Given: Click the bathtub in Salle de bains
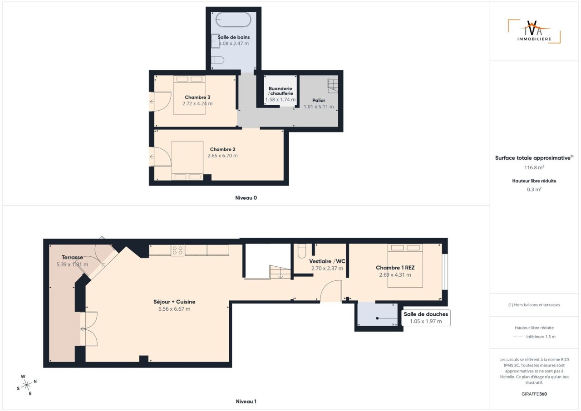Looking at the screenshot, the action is tap(233, 20).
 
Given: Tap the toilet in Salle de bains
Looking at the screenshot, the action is tap(217, 60).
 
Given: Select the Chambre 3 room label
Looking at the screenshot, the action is tap(197, 97).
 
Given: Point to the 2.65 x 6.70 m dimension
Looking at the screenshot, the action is tap(222, 156).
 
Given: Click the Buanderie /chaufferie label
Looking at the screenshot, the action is tap(281, 91).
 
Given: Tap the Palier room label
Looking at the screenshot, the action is tap(319, 100).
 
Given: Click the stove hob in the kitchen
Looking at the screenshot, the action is tap(177, 250).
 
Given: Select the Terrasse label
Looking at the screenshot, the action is tap(72, 257).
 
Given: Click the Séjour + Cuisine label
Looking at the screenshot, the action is tap(174, 302).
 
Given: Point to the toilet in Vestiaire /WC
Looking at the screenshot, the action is tap(302, 250).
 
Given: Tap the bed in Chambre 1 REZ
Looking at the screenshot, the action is tap(405, 266).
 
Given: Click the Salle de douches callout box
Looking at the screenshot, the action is tap(426, 318).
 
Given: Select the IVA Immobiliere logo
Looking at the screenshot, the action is tap(534, 31).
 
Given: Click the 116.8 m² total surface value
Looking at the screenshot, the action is tap(534, 167).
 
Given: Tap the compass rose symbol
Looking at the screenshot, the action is tap(26, 385).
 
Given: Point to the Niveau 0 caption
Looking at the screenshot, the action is tap(246, 198).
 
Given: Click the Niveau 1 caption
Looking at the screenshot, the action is tap(246, 401).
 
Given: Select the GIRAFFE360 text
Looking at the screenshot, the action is tap(534, 394).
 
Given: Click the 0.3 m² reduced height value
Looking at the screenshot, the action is tap(534, 190).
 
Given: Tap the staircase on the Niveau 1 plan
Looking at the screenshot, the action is tap(280, 272).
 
